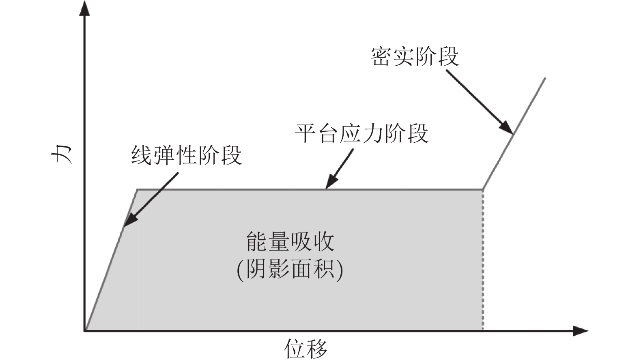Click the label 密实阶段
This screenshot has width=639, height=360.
[x=415, y=57]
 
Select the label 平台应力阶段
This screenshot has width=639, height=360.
[x=361, y=133]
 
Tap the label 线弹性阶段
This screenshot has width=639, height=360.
[x=186, y=155]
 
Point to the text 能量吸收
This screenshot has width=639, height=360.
[x=290, y=242]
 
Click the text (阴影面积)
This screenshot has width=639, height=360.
[x=290, y=269]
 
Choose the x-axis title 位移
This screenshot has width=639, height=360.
[x=306, y=349]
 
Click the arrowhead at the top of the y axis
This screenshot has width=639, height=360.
[x=84, y=8]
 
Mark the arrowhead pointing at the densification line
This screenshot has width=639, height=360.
[x=507, y=128]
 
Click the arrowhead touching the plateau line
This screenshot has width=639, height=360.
[x=331, y=183]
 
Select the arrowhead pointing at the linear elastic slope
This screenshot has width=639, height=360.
[x=129, y=221]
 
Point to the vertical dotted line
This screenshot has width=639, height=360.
[x=483, y=259]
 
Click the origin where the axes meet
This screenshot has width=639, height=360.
[x=85, y=331]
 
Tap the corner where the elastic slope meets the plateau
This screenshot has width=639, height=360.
[x=137, y=189]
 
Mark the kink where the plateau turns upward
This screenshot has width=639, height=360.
[x=483, y=189]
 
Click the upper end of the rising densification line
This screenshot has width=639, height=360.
[x=544, y=78]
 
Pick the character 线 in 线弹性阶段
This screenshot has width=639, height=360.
[x=142, y=155]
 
